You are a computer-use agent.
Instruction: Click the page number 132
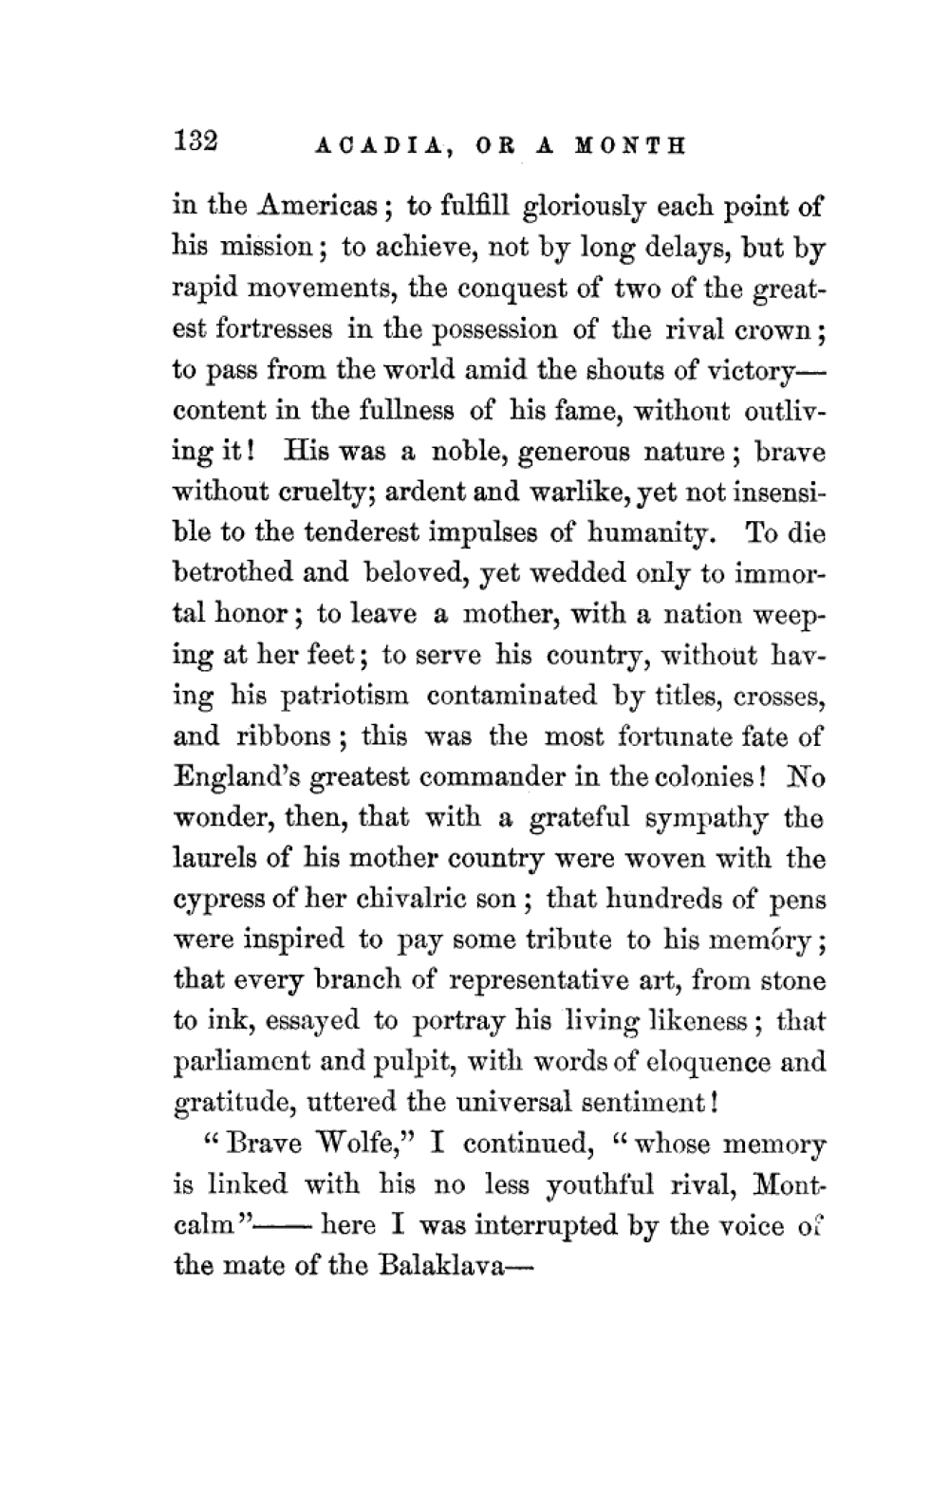196,140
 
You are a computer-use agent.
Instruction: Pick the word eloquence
709,1062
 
